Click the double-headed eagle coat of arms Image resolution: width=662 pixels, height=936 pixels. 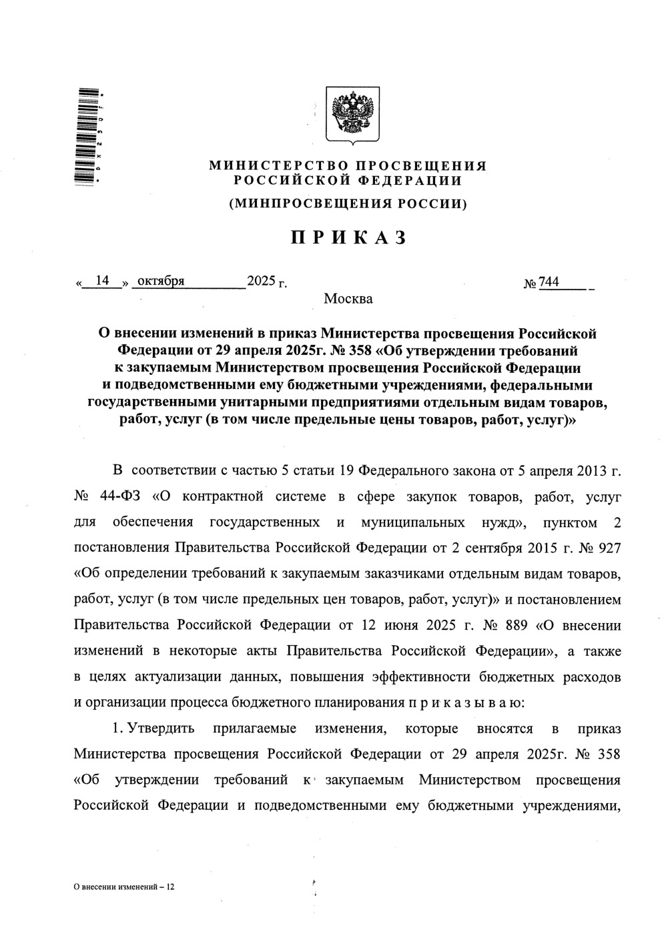coord(352,113)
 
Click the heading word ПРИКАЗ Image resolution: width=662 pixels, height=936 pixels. coord(348,238)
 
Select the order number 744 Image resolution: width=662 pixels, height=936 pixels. coord(549,282)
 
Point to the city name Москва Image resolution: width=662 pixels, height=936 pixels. coord(348,299)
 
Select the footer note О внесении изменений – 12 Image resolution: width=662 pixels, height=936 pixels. coord(123,888)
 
